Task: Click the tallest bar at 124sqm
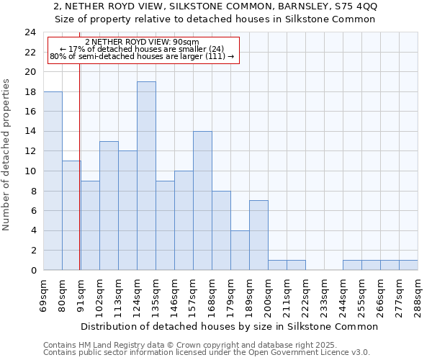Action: click(146, 176)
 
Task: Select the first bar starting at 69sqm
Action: click(53, 181)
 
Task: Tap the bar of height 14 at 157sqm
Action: click(202, 201)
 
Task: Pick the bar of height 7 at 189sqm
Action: click(258, 235)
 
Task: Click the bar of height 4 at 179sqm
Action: click(240, 250)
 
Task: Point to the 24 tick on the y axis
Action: click(30, 32)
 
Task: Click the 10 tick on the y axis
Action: click(30, 171)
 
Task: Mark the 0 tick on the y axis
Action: click(33, 271)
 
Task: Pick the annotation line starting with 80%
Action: click(142, 56)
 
